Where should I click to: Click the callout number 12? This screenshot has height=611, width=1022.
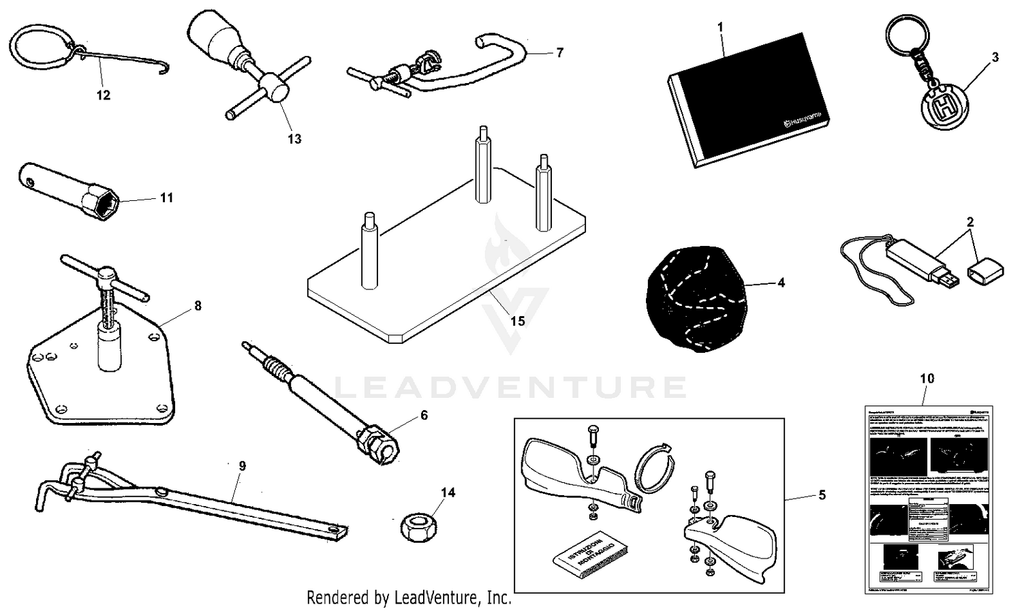(x=103, y=95)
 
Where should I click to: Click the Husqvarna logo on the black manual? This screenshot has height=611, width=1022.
(x=805, y=120)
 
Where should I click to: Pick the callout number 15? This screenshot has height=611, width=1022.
(x=517, y=320)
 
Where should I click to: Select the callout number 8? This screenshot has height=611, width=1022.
(x=198, y=306)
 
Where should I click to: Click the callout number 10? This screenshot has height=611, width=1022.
(x=927, y=378)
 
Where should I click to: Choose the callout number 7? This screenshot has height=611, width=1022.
(x=559, y=52)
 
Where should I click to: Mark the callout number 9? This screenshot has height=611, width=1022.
(x=242, y=467)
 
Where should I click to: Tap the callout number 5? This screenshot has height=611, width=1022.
(x=822, y=495)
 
